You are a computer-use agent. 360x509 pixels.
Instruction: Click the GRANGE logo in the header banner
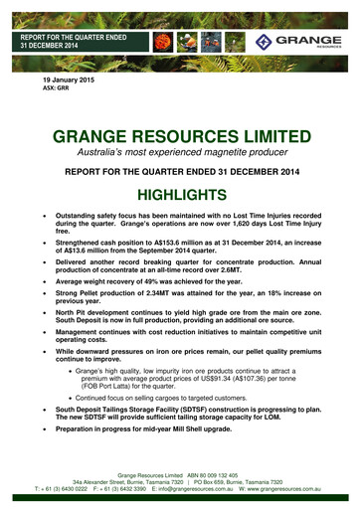(304, 41)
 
